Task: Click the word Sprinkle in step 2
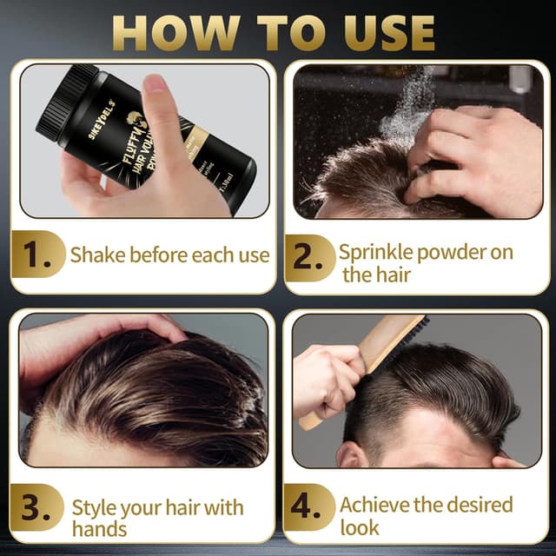pyautogui.click(x=374, y=253)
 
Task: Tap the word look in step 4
pyautogui.click(x=360, y=526)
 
